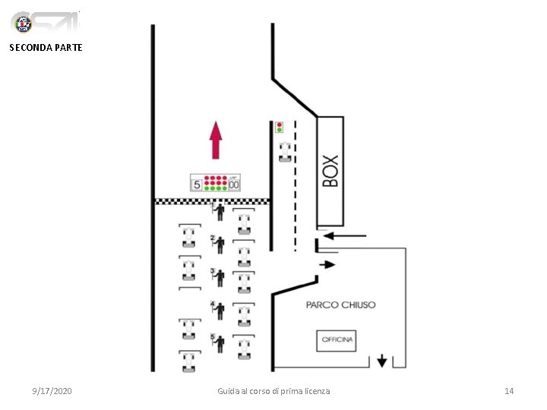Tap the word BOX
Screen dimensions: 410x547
(330, 171)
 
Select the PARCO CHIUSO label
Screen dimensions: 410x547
(340, 304)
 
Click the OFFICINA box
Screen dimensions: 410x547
(337, 340)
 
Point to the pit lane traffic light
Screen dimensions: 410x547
(279, 127)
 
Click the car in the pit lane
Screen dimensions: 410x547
(284, 151)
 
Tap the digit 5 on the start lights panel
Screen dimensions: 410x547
(197, 184)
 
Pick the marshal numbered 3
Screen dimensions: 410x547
(220, 276)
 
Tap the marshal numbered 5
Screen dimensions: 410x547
(220, 343)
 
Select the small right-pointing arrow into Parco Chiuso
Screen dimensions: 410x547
(327, 264)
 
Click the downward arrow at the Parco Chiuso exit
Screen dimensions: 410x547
(381, 361)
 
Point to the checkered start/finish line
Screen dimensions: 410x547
(213, 201)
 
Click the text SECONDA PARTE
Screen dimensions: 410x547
(46, 47)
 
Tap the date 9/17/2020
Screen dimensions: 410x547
(52, 390)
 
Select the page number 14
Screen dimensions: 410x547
(509, 390)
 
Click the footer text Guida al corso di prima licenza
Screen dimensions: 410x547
(273, 390)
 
